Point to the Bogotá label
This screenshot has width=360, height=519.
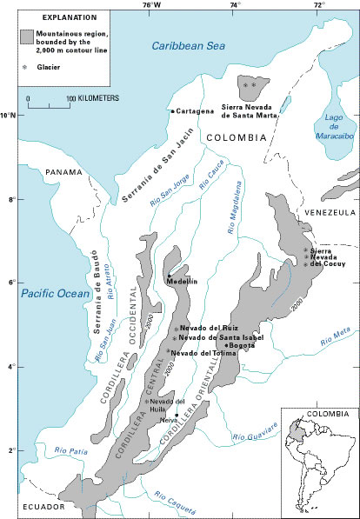tap(239, 345)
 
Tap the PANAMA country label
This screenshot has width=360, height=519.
tap(64, 172)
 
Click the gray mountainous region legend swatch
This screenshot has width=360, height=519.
tap(31, 37)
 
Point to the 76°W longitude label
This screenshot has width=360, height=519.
tap(150, 6)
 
